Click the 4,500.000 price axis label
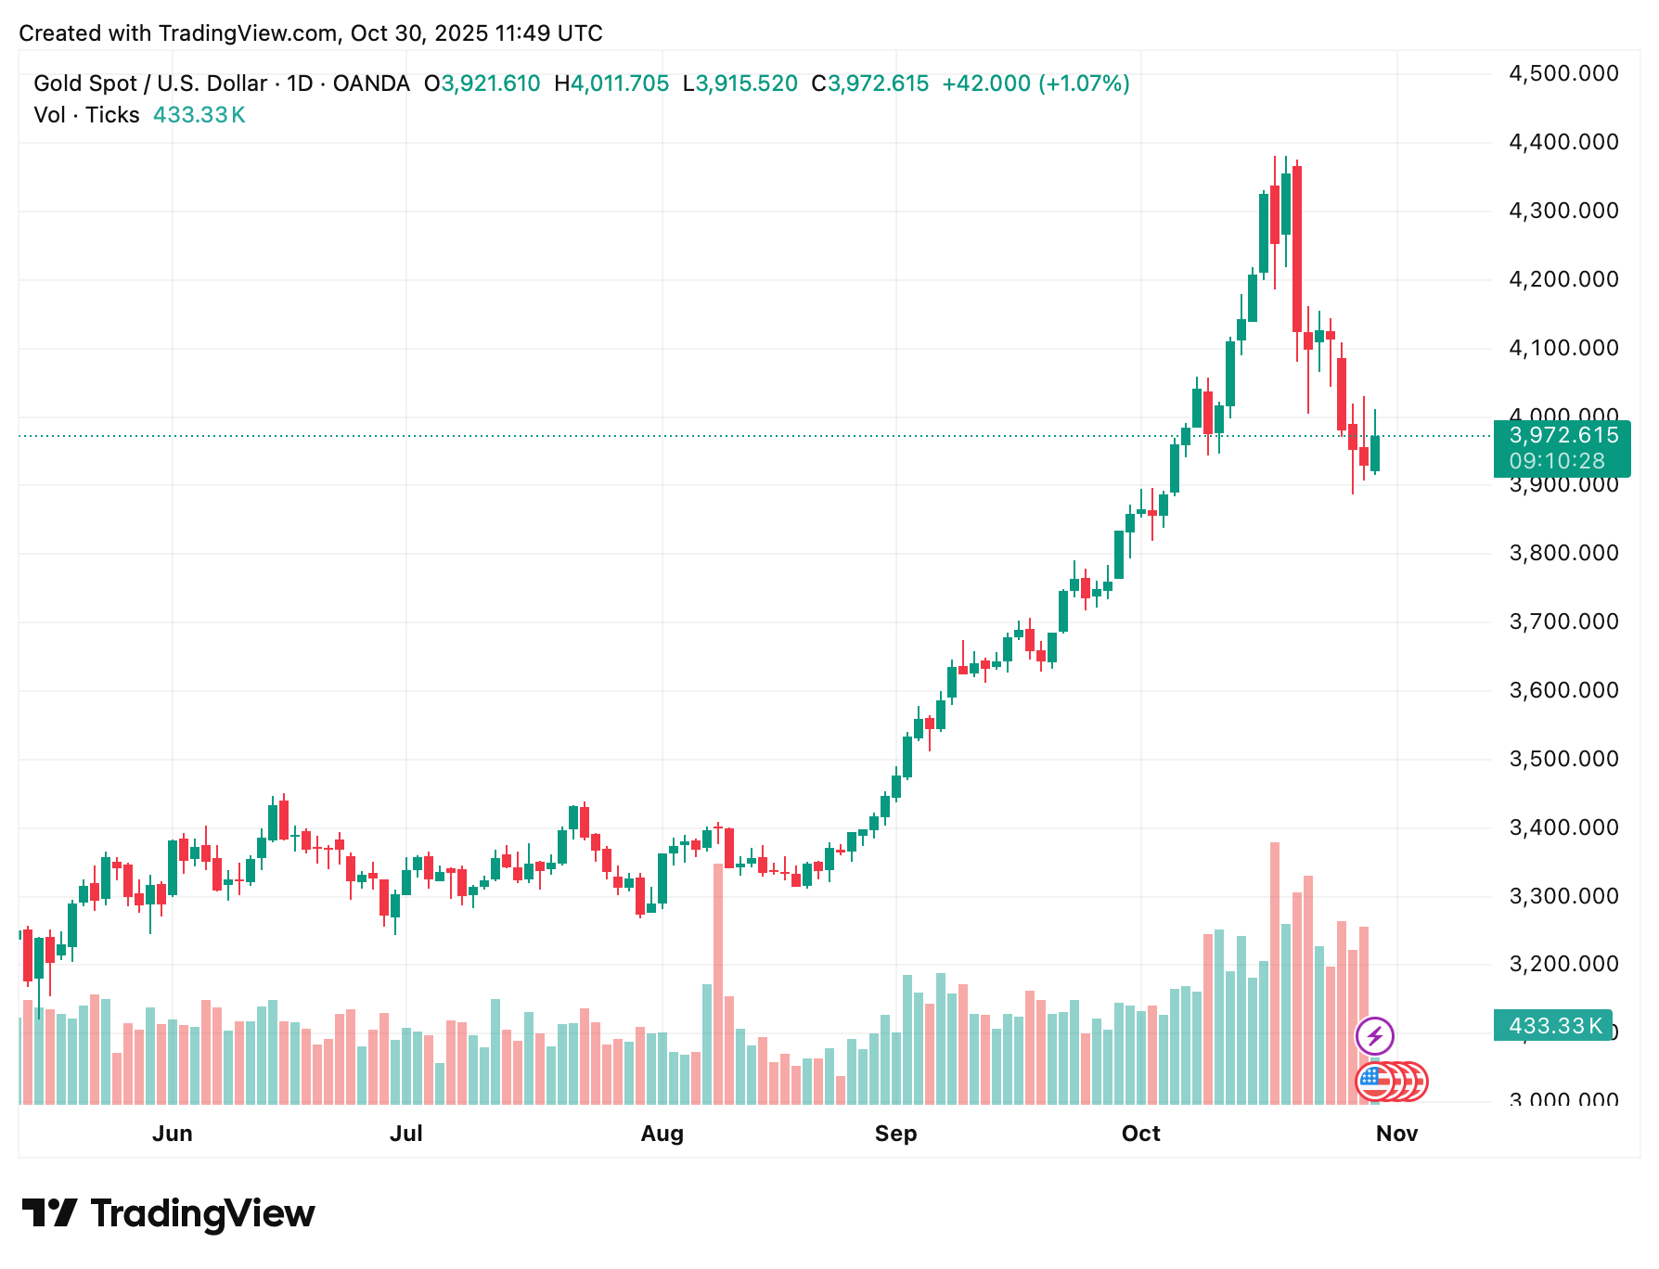(x=1563, y=73)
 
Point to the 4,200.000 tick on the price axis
(x=1563, y=279)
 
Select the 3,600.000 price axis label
(x=1563, y=690)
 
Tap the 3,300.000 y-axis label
(x=1563, y=896)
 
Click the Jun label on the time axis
(x=173, y=1134)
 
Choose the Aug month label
(x=662, y=1134)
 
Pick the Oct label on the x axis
(x=1140, y=1134)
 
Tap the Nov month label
(x=1396, y=1134)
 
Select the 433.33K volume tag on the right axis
(x=1554, y=1026)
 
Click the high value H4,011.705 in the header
(x=611, y=83)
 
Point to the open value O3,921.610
(x=482, y=83)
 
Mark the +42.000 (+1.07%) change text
(x=1035, y=83)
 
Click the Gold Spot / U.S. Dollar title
(x=150, y=83)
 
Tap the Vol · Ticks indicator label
(x=86, y=115)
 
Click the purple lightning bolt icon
(x=1374, y=1036)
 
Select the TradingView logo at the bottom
(x=168, y=1213)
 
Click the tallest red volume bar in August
(x=718, y=983)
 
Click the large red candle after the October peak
(x=1297, y=249)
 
